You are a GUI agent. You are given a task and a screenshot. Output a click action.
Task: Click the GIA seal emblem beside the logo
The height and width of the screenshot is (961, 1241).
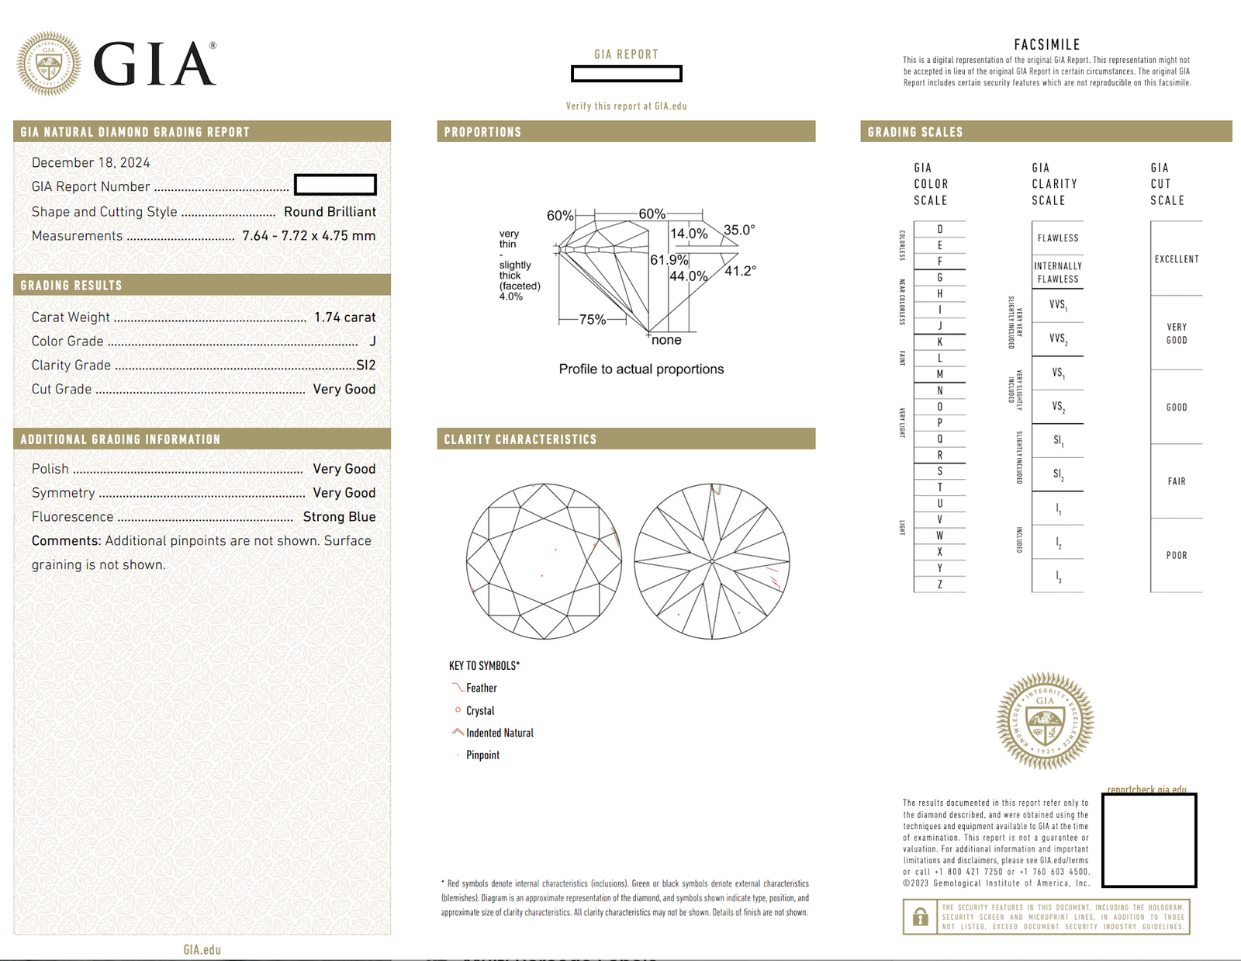tap(49, 64)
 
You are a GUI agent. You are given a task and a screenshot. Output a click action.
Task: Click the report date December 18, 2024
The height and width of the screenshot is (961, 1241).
tap(91, 162)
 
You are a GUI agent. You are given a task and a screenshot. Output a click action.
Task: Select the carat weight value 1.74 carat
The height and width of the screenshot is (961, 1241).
tap(344, 317)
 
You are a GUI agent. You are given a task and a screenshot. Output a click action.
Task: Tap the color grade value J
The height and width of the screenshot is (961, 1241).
tap(372, 341)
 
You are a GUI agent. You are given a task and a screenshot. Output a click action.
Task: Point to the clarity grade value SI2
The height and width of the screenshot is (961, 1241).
tap(365, 365)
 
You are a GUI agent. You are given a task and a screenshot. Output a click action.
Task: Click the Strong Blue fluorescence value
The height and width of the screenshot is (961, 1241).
tap(339, 516)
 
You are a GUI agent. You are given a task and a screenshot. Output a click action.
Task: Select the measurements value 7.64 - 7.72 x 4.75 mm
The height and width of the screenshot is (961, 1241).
tap(309, 235)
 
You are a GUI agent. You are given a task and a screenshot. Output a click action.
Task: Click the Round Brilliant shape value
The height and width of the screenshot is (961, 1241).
tap(330, 211)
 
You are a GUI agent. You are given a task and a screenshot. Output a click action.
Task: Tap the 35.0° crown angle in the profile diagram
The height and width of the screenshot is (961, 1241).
tap(738, 230)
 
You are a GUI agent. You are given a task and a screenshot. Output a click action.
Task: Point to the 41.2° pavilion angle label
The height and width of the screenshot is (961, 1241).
tap(740, 271)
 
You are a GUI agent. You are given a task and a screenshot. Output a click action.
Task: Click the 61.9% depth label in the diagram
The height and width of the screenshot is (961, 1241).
tap(669, 259)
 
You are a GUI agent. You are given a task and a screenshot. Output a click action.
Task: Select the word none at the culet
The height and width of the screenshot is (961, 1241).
tap(666, 340)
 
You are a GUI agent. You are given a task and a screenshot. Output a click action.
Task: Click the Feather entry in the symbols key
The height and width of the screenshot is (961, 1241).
tap(481, 688)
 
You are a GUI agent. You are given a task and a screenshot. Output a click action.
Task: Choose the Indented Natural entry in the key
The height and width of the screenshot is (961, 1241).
tap(500, 733)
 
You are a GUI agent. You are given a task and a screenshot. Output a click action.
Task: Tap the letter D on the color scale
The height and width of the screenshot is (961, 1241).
tap(940, 229)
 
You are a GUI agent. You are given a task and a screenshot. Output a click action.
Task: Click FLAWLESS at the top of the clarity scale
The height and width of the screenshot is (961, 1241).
tap(1058, 238)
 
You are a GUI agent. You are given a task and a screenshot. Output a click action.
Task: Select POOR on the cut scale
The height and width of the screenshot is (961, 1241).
tap(1177, 555)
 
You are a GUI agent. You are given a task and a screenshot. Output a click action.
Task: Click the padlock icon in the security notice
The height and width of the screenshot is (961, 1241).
tap(920, 917)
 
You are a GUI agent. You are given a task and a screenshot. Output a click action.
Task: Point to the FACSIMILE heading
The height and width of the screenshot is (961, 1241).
tap(1046, 45)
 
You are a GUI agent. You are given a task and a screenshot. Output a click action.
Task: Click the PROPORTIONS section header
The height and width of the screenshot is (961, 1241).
tap(482, 132)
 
